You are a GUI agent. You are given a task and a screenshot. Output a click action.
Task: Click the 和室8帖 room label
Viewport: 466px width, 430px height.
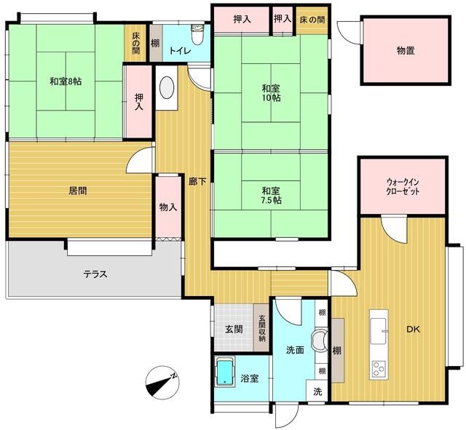click(66, 81)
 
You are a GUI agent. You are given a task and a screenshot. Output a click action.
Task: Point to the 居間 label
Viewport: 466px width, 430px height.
click(78, 191)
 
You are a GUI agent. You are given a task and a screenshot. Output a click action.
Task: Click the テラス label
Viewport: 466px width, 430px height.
click(95, 274)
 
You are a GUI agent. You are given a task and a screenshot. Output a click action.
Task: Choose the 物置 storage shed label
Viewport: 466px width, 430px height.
click(406, 50)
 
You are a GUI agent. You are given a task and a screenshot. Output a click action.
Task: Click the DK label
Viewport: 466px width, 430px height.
click(413, 329)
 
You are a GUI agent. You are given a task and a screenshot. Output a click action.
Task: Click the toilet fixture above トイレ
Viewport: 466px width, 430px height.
click(195, 34)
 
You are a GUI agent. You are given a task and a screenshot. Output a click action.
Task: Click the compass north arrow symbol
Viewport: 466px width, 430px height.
click(161, 383)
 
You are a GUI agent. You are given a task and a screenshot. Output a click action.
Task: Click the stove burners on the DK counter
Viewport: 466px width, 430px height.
click(379, 367)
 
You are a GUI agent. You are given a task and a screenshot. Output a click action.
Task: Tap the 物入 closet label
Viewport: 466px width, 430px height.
click(167, 207)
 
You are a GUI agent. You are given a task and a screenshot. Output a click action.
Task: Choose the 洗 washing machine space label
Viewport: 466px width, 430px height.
click(317, 391)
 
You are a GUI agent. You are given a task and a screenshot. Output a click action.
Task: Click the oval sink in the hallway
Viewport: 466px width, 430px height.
click(165, 88)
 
